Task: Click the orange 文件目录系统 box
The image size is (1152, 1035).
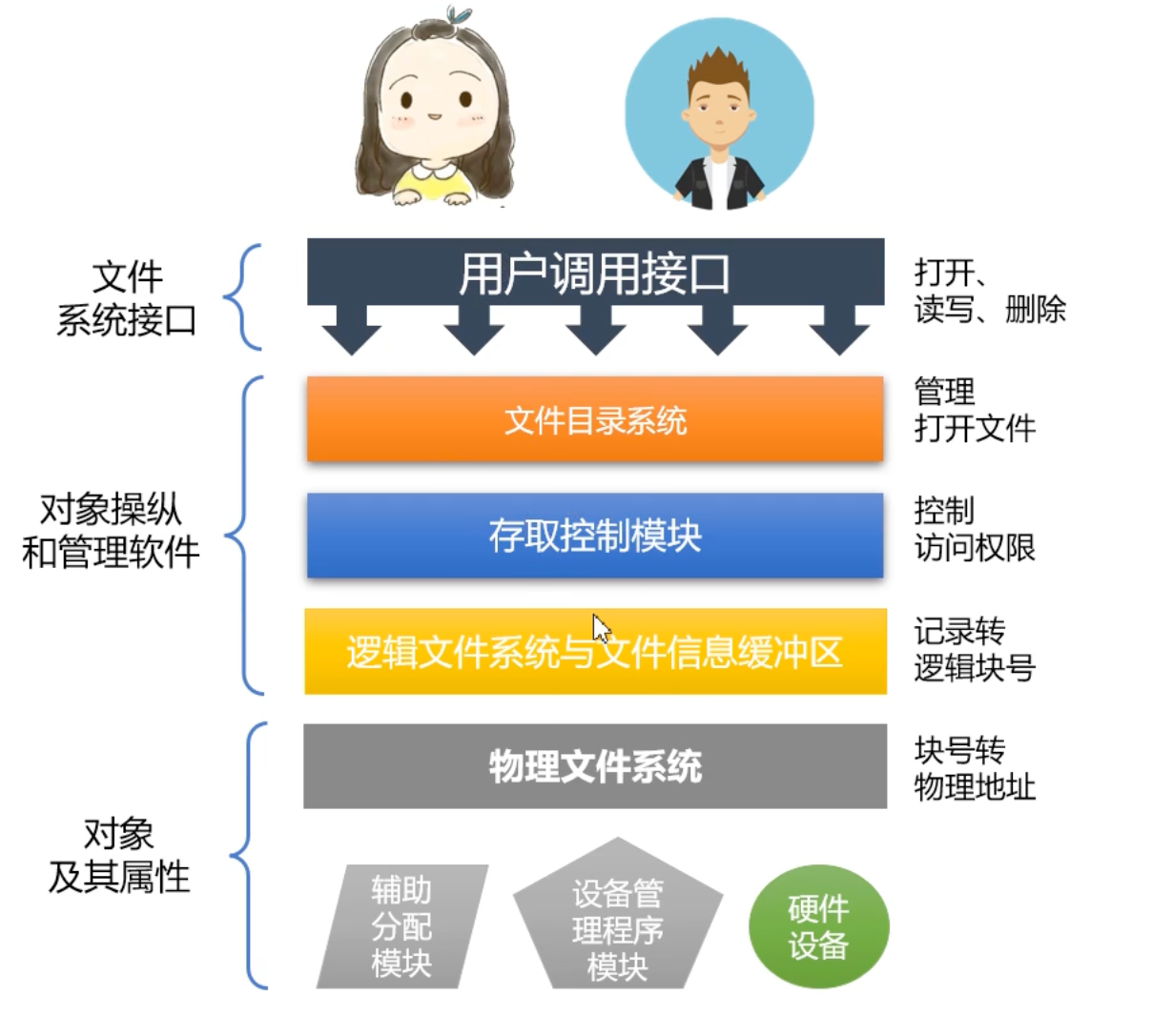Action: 595,419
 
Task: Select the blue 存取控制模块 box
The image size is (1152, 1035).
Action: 595,536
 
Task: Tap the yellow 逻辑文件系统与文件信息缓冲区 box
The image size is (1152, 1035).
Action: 595,652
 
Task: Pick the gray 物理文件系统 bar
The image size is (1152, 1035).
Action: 595,766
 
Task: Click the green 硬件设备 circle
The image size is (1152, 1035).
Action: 818,927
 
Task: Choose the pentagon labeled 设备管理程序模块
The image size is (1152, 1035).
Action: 617,927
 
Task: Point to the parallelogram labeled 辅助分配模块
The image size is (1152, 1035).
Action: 401,927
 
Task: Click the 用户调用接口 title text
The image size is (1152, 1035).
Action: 595,274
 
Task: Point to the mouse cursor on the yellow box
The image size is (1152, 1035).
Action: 601,630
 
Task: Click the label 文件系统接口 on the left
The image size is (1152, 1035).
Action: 127,299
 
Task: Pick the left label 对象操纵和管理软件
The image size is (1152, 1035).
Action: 111,531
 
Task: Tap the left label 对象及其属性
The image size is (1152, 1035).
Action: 119,855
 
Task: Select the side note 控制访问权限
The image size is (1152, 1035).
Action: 974,529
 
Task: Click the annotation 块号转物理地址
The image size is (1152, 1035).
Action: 974,768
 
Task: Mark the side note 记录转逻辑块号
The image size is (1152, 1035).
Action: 974,649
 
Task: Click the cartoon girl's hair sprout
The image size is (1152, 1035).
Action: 459,16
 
